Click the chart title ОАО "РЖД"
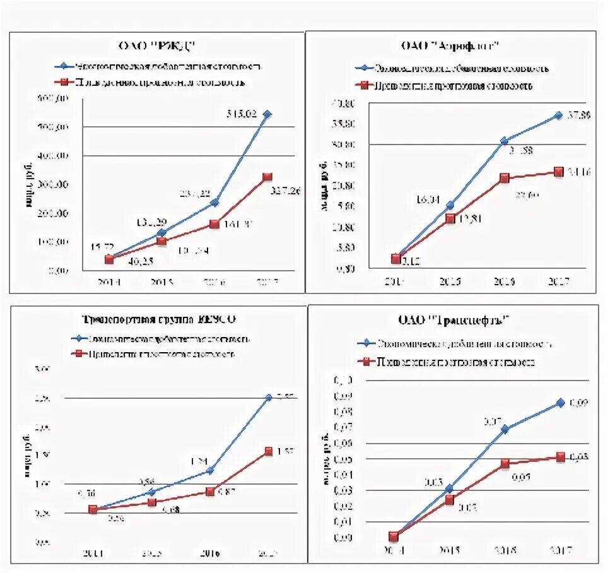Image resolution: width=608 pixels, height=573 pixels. (158, 45)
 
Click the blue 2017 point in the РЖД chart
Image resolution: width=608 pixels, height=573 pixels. (267, 114)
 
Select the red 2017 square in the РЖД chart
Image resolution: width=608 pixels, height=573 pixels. (267, 177)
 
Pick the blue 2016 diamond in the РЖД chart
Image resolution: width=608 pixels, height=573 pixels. (214, 202)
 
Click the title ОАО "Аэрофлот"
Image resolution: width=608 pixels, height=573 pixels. (450, 45)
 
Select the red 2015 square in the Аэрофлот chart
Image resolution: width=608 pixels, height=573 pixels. (450, 218)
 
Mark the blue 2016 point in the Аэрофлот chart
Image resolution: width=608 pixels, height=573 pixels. (504, 141)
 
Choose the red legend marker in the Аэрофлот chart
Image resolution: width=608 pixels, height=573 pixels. (362, 85)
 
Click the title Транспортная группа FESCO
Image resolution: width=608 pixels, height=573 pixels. (160, 318)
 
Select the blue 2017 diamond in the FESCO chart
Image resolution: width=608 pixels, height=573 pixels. (269, 398)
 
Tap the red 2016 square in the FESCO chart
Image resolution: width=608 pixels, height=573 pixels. (210, 491)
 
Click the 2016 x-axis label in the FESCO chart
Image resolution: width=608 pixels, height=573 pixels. (210, 553)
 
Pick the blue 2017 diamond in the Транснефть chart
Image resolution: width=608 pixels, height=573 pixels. (560, 403)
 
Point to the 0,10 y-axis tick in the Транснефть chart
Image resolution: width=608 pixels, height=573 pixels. (347, 381)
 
